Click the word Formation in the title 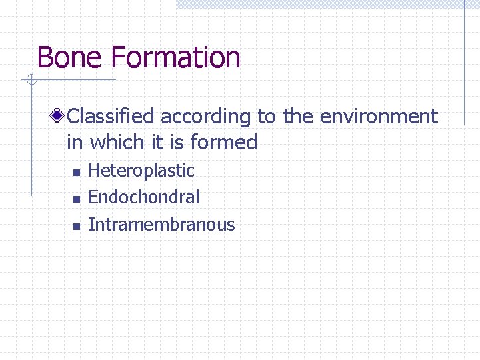(176, 57)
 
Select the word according (206, 117)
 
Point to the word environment (379, 117)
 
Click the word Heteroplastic (141, 171)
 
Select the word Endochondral (144, 197)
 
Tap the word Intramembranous (161, 225)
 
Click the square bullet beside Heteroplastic (76, 173)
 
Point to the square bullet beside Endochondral (76, 199)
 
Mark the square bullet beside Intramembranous (76, 227)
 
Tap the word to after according (266, 117)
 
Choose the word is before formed (177, 142)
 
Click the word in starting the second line (75, 142)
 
